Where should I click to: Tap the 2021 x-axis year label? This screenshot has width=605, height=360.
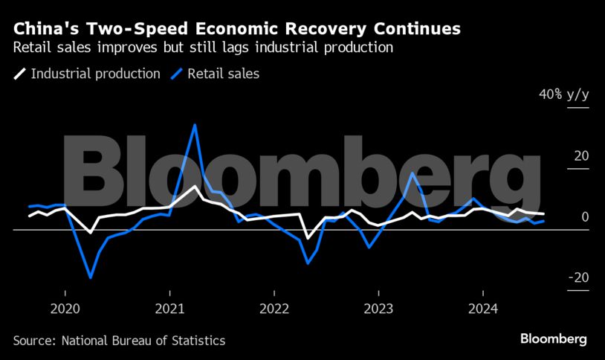(x=169, y=309)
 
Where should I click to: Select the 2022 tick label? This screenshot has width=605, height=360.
(x=274, y=309)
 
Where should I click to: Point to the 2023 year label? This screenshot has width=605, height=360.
(x=379, y=309)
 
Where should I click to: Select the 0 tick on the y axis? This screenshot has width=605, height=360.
(x=585, y=216)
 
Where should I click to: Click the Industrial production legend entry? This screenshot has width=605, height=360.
(x=95, y=74)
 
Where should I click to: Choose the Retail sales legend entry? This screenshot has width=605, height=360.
(x=223, y=74)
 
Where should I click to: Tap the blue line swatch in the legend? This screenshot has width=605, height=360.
(x=176, y=74)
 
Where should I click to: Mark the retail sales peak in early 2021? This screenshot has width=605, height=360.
(x=195, y=124)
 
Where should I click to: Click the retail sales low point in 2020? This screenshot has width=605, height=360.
(x=91, y=277)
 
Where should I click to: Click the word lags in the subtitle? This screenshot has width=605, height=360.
(x=254, y=48)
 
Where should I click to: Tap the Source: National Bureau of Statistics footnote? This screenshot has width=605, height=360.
(x=119, y=340)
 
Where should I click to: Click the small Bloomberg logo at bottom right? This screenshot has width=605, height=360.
(x=553, y=339)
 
